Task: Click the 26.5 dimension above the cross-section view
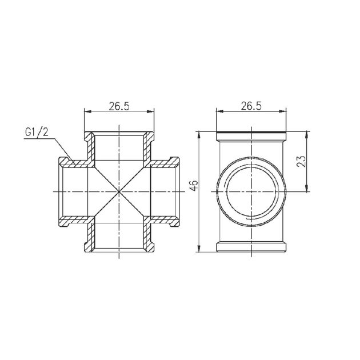tap(119, 106)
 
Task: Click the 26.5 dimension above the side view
tap(251, 106)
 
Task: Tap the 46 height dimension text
tap(194, 184)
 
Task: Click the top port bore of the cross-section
tap(119, 149)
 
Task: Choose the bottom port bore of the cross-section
tap(119, 234)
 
